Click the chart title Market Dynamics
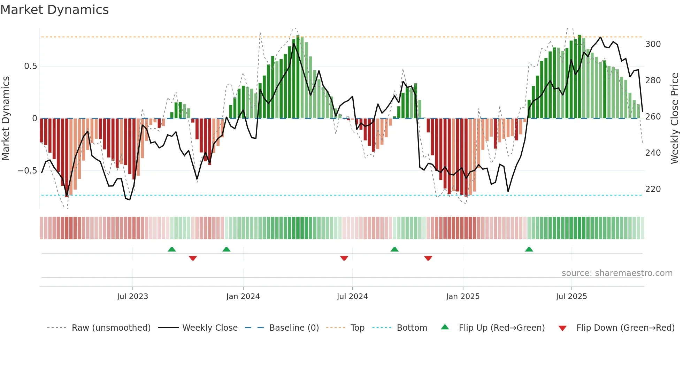coord(54,10)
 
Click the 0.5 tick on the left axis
coord(30,66)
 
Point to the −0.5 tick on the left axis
coord(27,171)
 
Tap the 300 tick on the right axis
coord(653,44)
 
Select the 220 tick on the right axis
coord(653,189)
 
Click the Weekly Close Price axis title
coord(675,118)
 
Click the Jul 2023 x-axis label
coord(132,297)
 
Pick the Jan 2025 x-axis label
coord(462,297)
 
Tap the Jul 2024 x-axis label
coord(352,297)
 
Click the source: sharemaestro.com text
coord(617,273)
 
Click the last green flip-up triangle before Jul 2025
coord(529,249)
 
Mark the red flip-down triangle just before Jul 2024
coord(344,258)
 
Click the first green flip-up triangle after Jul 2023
coord(171,249)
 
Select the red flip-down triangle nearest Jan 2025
coord(428,258)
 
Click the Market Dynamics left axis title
coord(6,118)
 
